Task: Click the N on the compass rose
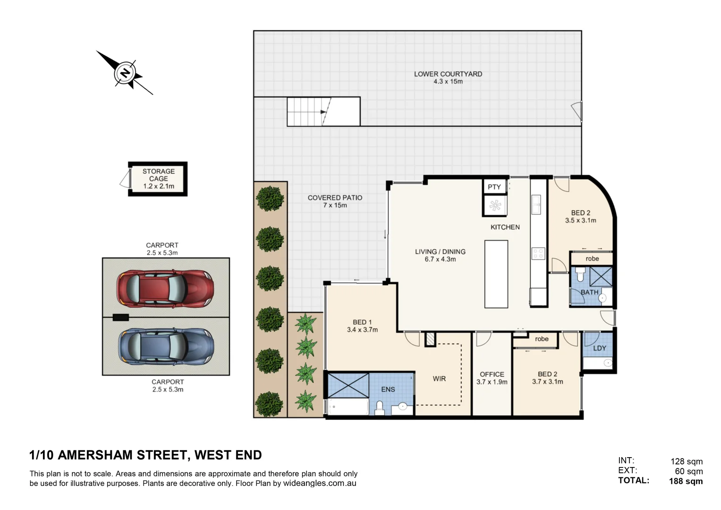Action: (125, 73)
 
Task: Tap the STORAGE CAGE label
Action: (159, 175)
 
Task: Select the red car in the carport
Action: (165, 288)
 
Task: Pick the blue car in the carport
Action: (165, 347)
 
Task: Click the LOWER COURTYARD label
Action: (448, 74)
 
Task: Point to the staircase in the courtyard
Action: (323, 111)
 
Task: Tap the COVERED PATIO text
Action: (335, 198)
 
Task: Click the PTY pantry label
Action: (494, 187)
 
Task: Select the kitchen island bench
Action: (496, 274)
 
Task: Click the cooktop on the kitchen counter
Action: (538, 254)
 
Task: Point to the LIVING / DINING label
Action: (440, 252)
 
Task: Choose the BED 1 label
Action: (362, 322)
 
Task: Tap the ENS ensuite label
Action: (388, 390)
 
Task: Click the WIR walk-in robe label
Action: (439, 379)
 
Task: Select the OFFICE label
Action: (492, 374)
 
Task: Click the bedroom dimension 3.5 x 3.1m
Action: (580, 221)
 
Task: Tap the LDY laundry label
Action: (599, 348)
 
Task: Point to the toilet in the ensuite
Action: (379, 408)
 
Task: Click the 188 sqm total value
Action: (686, 481)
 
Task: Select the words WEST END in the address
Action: (228, 455)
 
